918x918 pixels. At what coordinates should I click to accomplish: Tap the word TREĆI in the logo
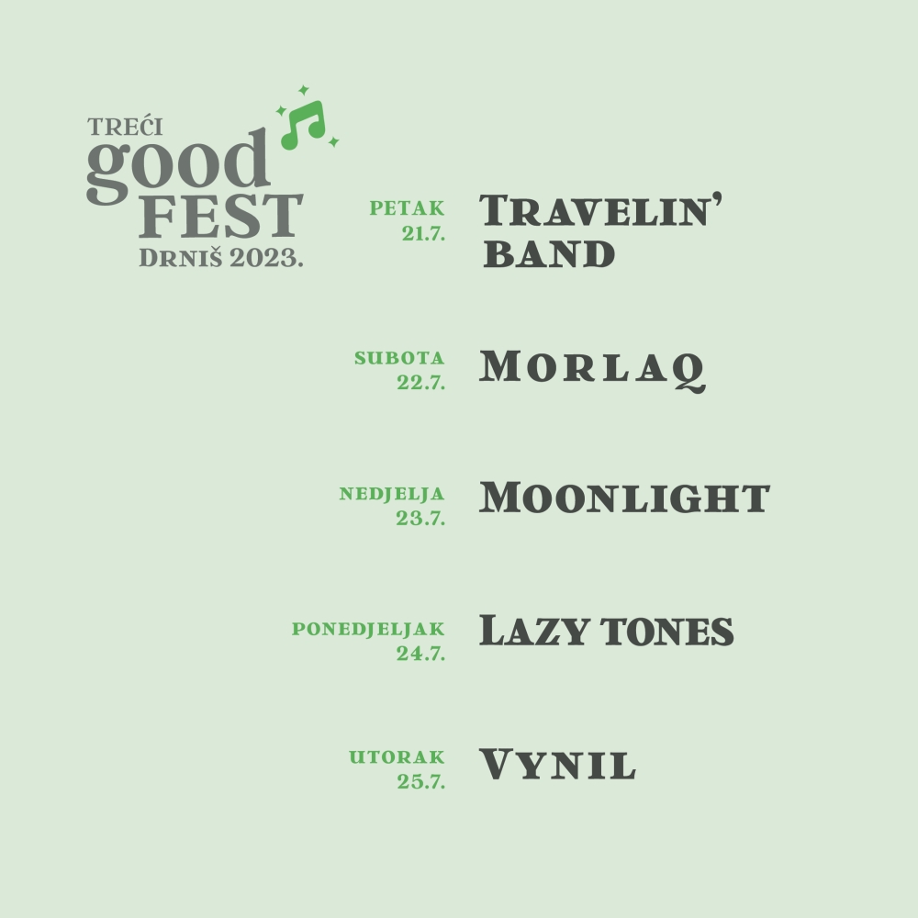point(125,127)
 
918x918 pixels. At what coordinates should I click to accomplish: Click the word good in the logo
point(178,165)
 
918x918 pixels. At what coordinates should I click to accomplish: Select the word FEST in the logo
point(220,216)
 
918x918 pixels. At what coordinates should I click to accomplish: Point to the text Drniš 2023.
point(220,258)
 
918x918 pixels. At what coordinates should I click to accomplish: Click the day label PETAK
point(407,207)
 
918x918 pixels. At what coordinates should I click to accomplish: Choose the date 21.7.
point(423,233)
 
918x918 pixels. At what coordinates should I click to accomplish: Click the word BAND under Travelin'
point(549,253)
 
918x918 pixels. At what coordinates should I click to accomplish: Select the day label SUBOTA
point(399,358)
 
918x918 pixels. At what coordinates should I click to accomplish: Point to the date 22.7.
point(421,382)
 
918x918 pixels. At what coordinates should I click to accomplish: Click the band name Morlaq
point(592,369)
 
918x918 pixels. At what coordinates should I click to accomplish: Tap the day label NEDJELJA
point(392,494)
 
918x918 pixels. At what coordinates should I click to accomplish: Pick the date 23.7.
point(420,518)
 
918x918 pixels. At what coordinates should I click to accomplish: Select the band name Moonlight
point(624,498)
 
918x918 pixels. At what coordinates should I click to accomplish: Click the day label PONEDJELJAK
point(368,629)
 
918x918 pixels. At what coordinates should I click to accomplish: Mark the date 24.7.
point(420,654)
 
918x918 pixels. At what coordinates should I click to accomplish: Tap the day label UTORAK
point(397,757)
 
